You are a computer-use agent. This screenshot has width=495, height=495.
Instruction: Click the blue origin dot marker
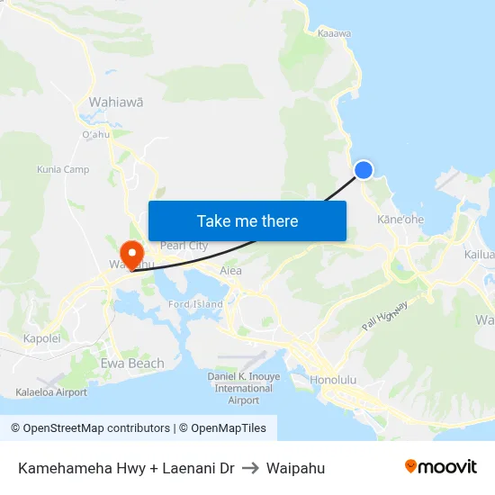(x=364, y=169)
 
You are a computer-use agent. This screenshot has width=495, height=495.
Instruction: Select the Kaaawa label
(x=334, y=33)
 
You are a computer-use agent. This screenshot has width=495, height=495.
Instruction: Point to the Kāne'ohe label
(x=400, y=219)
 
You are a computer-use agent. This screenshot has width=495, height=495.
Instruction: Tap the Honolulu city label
(x=333, y=380)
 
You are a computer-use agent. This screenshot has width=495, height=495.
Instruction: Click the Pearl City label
(x=184, y=246)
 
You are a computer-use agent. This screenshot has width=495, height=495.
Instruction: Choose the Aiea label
(x=231, y=270)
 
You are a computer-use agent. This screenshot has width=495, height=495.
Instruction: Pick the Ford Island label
(x=195, y=304)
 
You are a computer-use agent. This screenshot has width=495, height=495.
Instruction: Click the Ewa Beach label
(x=132, y=364)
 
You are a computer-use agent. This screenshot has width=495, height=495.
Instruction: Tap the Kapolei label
(x=41, y=338)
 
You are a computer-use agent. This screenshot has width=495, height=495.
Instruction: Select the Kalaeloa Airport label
(x=51, y=392)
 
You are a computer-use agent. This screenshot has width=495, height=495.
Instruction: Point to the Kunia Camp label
(x=63, y=169)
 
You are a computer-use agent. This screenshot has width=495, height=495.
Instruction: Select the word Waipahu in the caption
(x=295, y=468)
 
